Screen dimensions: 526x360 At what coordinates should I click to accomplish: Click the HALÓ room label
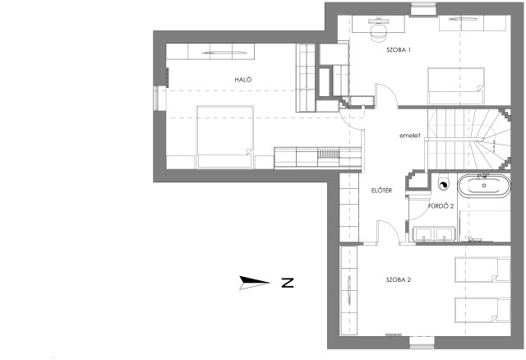243,80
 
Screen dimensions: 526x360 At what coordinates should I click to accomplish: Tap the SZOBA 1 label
399,50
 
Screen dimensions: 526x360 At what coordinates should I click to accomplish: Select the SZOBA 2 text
398,279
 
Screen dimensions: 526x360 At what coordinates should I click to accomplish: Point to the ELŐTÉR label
381,191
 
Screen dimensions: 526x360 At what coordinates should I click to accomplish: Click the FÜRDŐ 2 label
441,206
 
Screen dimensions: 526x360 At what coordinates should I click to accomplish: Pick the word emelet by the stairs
409,136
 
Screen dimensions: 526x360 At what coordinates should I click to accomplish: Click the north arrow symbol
254,283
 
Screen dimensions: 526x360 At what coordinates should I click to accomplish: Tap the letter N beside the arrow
288,283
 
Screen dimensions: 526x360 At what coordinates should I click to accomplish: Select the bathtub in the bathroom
484,186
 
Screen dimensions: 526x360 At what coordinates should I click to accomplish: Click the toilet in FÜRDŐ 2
443,183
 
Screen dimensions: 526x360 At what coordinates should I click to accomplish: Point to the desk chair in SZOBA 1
378,33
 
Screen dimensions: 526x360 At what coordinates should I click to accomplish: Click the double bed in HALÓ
224,136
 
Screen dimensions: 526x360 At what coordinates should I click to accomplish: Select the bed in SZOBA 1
455,86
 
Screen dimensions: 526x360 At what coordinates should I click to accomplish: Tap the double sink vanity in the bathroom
434,234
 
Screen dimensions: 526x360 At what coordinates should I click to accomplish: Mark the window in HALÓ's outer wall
159,99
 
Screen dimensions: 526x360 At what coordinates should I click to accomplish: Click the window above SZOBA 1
424,9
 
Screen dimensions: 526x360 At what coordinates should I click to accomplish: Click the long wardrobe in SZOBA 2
348,291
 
